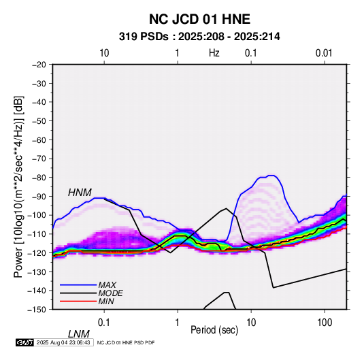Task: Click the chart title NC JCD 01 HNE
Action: click(199, 19)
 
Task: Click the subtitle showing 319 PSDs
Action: click(199, 37)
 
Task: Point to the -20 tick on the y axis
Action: click(39, 65)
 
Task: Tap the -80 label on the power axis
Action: click(39, 178)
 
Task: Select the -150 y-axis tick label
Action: click(37, 310)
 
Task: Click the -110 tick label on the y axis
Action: click(37, 234)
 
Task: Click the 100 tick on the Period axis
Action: click(325, 323)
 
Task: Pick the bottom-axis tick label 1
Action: click(178, 323)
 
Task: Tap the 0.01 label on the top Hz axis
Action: click(324, 53)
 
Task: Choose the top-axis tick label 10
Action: click(104, 53)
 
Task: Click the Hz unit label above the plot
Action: click(214, 53)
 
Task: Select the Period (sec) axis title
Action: click(214, 330)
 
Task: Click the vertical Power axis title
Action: click(18, 187)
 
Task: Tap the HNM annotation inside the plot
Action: click(80, 193)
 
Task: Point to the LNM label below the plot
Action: click(79, 334)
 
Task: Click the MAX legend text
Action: click(107, 285)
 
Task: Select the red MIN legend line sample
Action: click(78, 301)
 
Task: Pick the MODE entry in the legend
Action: click(110, 293)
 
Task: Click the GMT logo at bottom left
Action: click(25, 342)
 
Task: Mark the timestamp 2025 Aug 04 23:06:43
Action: click(63, 342)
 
